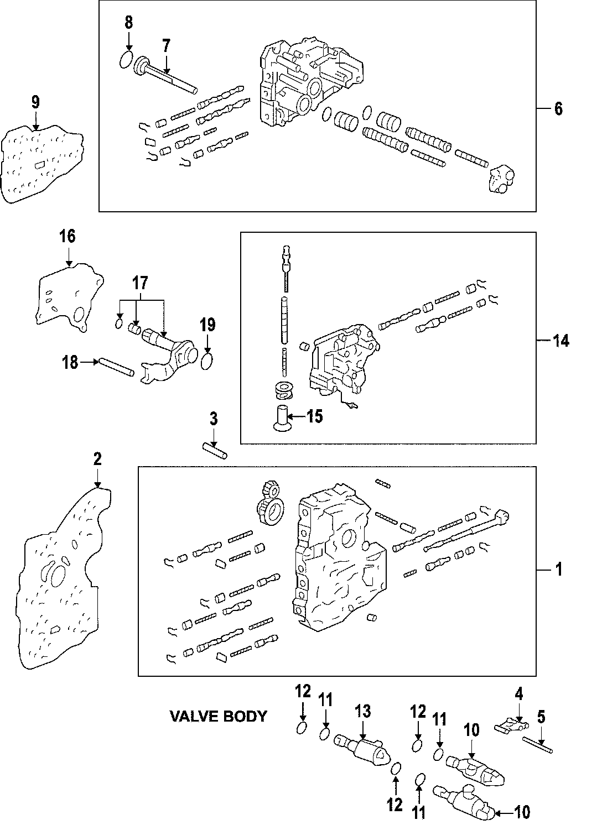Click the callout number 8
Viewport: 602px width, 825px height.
(x=128, y=23)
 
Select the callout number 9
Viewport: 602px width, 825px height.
(x=35, y=102)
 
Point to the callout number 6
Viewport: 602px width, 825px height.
(x=558, y=109)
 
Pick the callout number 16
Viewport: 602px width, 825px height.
(x=68, y=237)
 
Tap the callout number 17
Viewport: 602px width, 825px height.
(x=141, y=284)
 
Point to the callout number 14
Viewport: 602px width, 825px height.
(x=561, y=341)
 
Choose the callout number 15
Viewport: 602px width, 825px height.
(x=314, y=416)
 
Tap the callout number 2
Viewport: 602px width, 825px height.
(x=97, y=458)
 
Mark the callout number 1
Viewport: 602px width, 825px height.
(x=558, y=569)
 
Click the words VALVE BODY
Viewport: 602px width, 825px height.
(x=217, y=717)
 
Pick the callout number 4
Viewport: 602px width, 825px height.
(x=520, y=694)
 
